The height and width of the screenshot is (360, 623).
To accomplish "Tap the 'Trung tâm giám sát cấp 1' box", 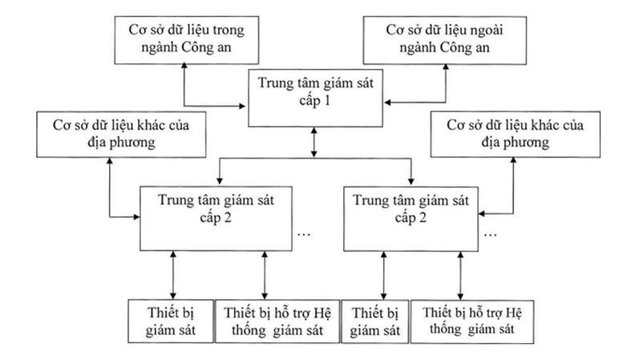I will [313, 96].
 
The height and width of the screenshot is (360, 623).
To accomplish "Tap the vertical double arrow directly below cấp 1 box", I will [313, 141].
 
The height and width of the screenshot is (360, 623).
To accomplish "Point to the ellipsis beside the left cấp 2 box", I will [304, 233].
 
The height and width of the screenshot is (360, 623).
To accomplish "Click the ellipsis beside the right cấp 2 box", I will [490, 233].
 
